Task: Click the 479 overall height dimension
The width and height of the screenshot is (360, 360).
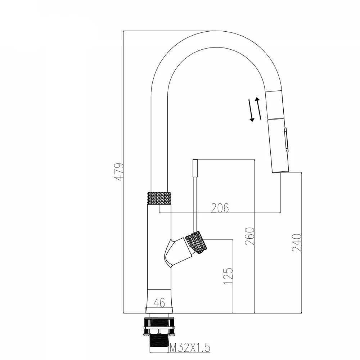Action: coord(120,172)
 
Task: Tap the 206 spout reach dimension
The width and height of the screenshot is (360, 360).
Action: coord(220,208)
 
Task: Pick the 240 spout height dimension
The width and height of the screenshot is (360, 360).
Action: coord(297,242)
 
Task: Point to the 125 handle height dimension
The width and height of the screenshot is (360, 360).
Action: coord(228,275)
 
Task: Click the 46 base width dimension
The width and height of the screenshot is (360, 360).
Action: coord(159,303)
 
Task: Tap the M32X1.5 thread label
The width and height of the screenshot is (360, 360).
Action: coord(190,347)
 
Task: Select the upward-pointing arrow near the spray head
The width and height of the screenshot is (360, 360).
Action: coord(259,108)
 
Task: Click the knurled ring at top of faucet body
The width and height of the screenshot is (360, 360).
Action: coord(159,198)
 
